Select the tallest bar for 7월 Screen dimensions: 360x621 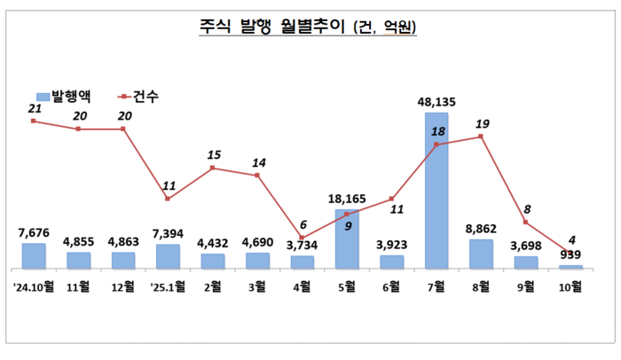click(x=436, y=190)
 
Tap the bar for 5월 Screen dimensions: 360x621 click(x=347, y=239)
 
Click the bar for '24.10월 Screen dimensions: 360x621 click(x=34, y=255)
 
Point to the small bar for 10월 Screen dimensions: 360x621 click(x=571, y=266)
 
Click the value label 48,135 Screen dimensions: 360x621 click(x=436, y=102)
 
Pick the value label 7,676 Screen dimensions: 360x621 click(x=34, y=233)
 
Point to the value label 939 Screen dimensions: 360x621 click(x=569, y=255)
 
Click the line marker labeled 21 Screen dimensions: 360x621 click(x=34, y=121)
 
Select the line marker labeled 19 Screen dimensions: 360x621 click(x=481, y=137)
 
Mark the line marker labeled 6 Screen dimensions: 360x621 click(x=302, y=238)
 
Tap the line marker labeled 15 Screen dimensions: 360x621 click(x=213, y=167)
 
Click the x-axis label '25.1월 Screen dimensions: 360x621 click(x=168, y=286)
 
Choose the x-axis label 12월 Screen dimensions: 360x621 click(x=123, y=286)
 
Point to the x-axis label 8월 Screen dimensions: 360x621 click(x=481, y=286)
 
